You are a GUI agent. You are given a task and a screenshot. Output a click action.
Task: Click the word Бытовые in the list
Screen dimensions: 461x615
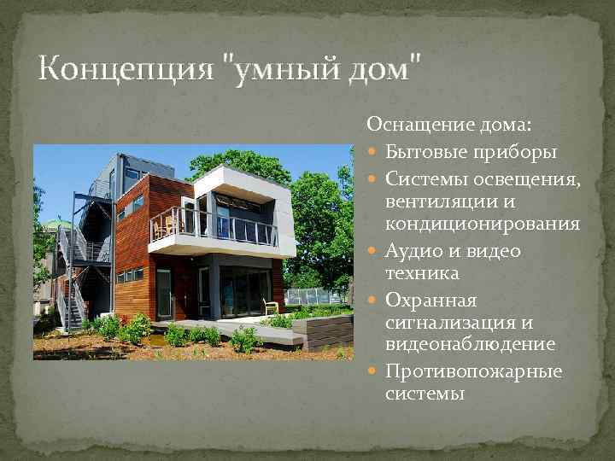click(424, 152)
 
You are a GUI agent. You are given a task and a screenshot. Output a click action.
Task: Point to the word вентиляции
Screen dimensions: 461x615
click(436, 201)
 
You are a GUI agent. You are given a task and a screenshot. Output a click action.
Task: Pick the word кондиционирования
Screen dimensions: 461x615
click(482, 225)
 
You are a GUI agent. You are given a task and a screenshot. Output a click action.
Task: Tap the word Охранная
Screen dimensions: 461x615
click(430, 301)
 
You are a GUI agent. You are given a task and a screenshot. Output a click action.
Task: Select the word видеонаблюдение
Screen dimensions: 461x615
click(470, 344)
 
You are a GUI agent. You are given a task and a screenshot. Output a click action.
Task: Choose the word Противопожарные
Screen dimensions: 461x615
click(473, 371)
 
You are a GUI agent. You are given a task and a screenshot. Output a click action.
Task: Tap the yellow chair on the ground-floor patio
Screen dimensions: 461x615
click(271, 308)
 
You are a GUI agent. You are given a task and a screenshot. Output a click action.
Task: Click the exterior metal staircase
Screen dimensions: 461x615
click(77, 265)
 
